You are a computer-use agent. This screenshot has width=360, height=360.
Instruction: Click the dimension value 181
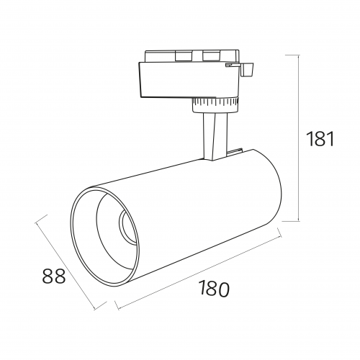320,139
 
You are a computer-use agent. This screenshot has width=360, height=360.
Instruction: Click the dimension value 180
214,288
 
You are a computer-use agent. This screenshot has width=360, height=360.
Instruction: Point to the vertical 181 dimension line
298,138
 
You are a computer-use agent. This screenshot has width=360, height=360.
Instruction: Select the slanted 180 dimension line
199,272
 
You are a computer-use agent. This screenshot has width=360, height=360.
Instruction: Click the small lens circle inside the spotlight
128,227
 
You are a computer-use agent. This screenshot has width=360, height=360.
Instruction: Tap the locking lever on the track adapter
246,70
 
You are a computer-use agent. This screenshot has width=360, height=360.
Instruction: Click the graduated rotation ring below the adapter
215,102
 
